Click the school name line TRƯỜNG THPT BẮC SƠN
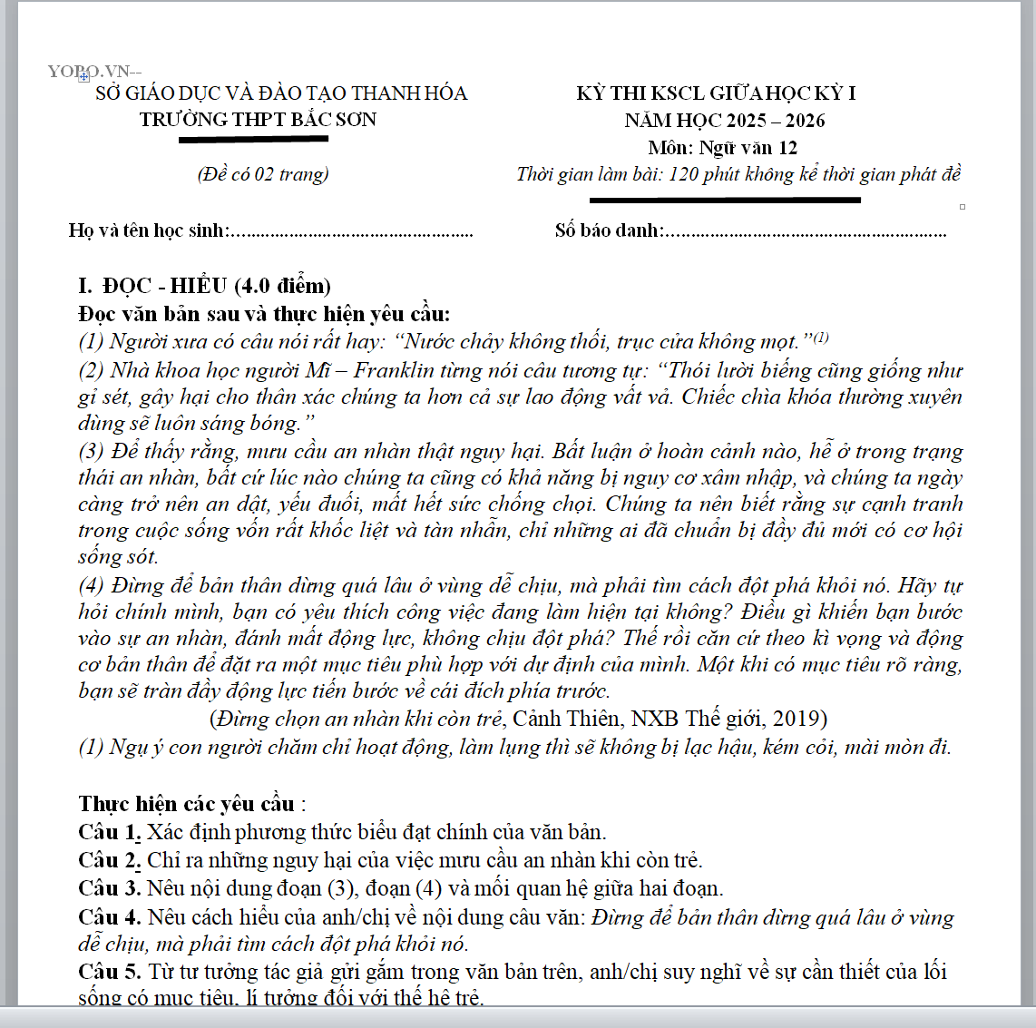(x=258, y=120)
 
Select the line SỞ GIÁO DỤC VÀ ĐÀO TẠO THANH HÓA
(x=281, y=93)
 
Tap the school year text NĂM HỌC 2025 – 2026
(x=724, y=120)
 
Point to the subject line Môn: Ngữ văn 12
(x=723, y=147)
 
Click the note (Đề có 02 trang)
(x=263, y=174)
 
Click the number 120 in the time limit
(x=683, y=174)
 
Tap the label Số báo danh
(x=607, y=230)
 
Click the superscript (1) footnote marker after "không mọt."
(x=821, y=338)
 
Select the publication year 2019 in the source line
(x=795, y=719)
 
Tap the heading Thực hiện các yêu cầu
(x=186, y=804)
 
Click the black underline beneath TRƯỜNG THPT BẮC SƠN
(x=253, y=140)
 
